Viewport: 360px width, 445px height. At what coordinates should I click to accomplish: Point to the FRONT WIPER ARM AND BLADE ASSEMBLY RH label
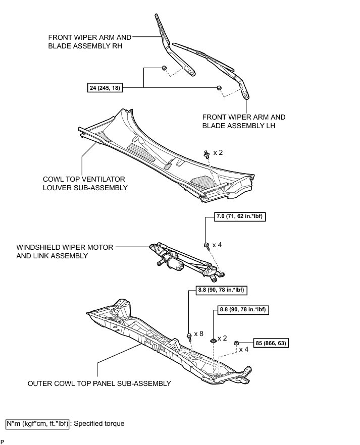[x=90, y=41]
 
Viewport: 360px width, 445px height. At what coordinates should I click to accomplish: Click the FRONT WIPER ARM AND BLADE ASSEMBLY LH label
[x=244, y=121]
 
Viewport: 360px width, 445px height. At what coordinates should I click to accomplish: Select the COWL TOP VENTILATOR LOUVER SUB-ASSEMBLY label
[x=84, y=183]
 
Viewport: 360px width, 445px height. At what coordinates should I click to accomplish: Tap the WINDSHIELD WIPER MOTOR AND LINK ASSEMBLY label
[x=65, y=251]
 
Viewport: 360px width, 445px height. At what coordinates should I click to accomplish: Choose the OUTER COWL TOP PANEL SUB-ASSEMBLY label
[x=99, y=383]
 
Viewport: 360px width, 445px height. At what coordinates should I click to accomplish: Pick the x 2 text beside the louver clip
[x=218, y=152]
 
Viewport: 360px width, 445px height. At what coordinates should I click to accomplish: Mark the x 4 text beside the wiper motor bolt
[x=217, y=245]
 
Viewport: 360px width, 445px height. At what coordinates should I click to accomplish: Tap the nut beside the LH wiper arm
[x=219, y=88]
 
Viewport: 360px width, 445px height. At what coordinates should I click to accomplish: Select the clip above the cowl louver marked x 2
[x=207, y=153]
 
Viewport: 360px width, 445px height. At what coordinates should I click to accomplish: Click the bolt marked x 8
[x=189, y=335]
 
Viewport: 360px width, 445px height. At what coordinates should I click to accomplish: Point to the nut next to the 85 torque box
[x=236, y=344]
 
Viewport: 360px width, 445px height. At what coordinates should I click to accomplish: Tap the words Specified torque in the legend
[x=99, y=423]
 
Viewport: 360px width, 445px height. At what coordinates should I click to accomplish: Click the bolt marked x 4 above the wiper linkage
[x=207, y=246]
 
